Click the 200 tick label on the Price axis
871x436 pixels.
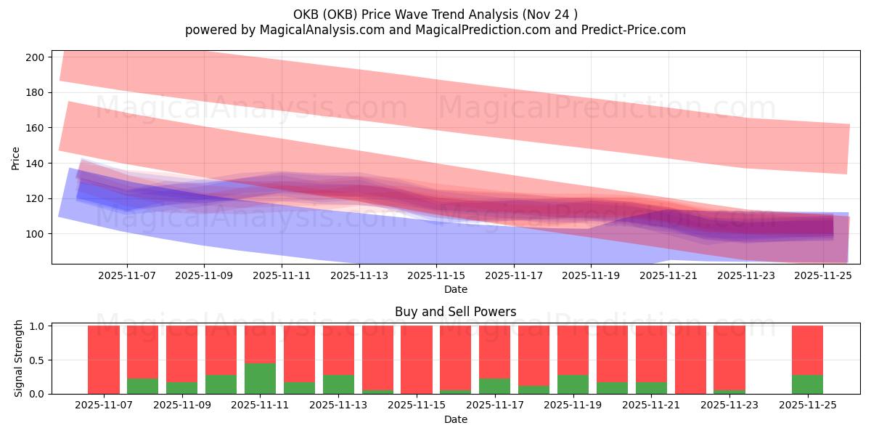[x=38, y=57]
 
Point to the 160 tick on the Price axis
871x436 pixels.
[x=38, y=128]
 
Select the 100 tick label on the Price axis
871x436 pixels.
[x=38, y=234]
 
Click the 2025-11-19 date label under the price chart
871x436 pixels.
[x=591, y=276]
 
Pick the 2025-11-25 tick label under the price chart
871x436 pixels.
[x=823, y=276]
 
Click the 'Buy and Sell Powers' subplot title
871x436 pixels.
[x=455, y=312]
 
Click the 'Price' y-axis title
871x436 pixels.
[x=16, y=157]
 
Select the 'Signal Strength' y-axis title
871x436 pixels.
[x=19, y=359]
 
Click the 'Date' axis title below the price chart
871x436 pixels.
[x=455, y=289]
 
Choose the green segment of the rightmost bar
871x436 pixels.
[x=807, y=384]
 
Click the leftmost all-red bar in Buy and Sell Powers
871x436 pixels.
[x=104, y=360]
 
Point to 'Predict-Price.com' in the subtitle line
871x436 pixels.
[x=635, y=30]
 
